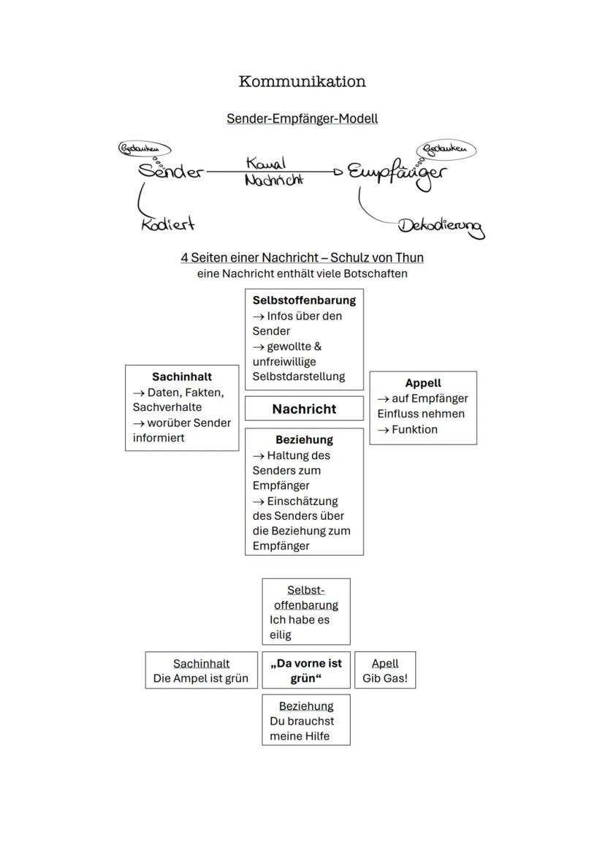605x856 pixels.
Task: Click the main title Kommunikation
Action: click(x=302, y=81)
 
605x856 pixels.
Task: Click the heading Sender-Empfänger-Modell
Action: click(x=302, y=118)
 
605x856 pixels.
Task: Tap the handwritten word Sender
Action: click(x=171, y=172)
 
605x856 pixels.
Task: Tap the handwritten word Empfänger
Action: click(x=395, y=173)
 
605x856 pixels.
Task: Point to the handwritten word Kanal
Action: click(x=266, y=163)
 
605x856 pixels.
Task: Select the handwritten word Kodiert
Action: click(x=168, y=224)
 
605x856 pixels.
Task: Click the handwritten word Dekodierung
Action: click(x=441, y=226)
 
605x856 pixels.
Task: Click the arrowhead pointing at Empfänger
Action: click(x=338, y=173)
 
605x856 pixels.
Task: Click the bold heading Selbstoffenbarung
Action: click(x=304, y=300)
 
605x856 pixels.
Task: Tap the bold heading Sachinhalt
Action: click(x=182, y=376)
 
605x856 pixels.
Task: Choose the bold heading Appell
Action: click(x=423, y=383)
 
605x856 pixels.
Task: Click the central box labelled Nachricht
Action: click(x=304, y=409)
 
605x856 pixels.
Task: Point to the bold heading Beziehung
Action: click(x=304, y=439)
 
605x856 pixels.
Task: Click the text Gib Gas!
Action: click(x=385, y=678)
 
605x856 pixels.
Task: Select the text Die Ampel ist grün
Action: click(x=201, y=678)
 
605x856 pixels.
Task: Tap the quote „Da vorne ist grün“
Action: click(x=306, y=670)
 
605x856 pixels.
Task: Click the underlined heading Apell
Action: click(x=385, y=663)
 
